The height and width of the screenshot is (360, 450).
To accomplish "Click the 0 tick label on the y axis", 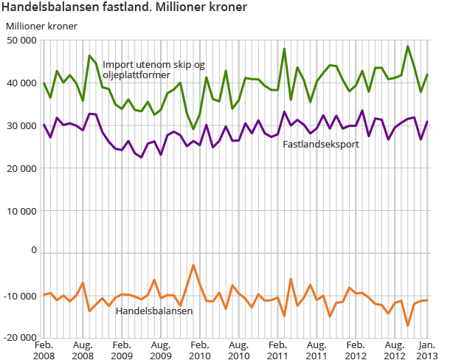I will (x=32, y=251).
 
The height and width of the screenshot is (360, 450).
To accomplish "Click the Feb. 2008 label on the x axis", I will (x=44, y=349).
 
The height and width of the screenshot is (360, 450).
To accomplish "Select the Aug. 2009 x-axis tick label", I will (x=161, y=349).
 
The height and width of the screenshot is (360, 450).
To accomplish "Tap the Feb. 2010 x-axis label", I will (x=200, y=349).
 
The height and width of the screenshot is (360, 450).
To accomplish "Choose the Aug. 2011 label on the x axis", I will (x=316, y=349).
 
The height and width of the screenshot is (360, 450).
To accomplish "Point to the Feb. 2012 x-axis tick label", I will (x=356, y=349).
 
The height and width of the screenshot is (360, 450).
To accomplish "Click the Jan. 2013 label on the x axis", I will (x=427, y=349).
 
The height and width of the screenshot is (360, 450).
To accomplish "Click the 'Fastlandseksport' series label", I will (x=321, y=144).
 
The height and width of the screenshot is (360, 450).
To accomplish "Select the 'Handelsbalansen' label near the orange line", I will (x=154, y=311).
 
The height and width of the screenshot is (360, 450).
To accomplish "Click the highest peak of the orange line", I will (x=193, y=265).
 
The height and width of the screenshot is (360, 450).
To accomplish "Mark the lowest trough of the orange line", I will (x=408, y=325).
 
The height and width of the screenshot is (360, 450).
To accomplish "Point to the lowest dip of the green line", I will (x=193, y=129).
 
